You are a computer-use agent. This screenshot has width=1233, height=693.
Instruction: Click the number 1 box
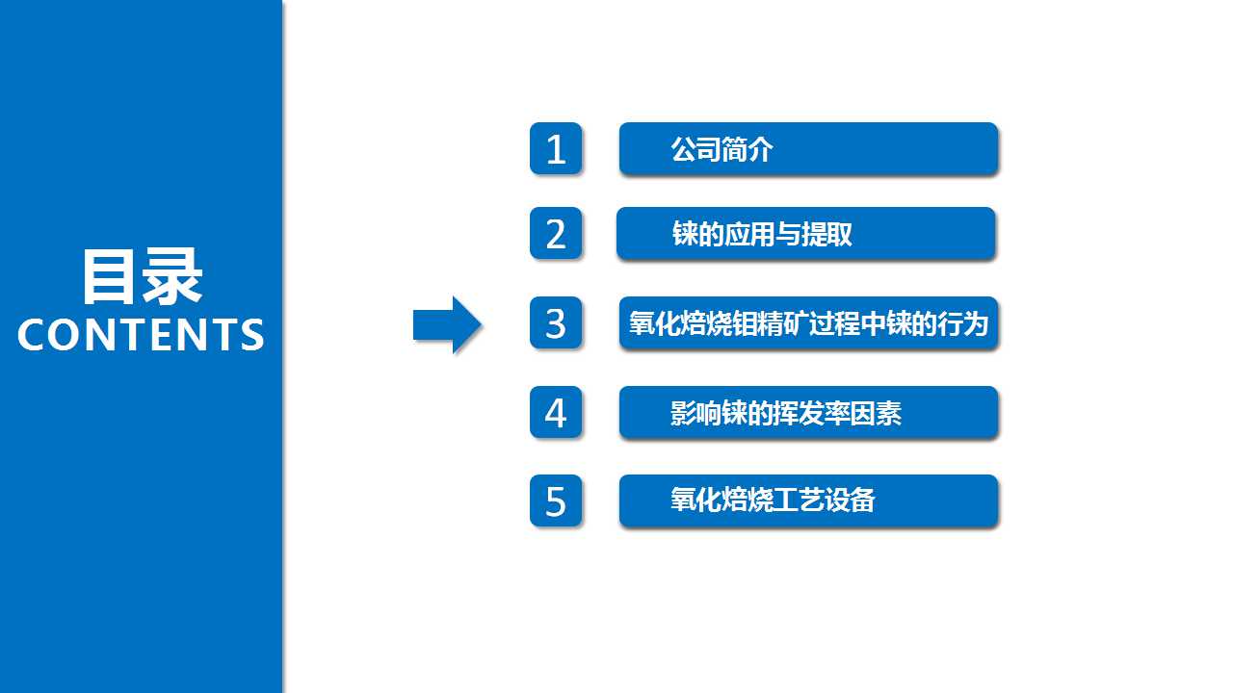pos(556,148)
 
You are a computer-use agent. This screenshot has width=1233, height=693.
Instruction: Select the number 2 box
pos(556,233)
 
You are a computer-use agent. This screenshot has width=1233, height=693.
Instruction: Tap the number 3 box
pos(556,322)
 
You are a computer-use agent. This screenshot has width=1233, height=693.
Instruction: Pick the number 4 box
pos(556,413)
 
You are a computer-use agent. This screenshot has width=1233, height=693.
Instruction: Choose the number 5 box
pos(556,501)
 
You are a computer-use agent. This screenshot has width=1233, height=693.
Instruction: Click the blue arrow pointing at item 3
pos(447,325)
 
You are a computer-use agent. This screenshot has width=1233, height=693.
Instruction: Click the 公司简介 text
pos(722,149)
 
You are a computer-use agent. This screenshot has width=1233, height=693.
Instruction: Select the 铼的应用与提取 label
pos(762,234)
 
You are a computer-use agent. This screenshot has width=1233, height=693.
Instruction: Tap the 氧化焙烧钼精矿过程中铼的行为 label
pos(808,323)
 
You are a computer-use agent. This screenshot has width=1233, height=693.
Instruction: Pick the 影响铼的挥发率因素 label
pos(786,413)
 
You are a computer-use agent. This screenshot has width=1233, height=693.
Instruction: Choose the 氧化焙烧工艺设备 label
pos(773,500)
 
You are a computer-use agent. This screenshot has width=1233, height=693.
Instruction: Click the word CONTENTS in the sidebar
pos(141,334)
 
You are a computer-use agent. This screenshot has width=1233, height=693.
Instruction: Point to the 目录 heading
pos(143,276)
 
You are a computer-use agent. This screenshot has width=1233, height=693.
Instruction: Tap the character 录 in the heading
pos(171,276)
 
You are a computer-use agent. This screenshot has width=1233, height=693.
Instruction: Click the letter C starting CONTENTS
pos(33,334)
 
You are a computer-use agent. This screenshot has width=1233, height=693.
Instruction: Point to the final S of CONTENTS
pos(252,334)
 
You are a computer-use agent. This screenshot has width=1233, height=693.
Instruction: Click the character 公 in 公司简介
pos(684,149)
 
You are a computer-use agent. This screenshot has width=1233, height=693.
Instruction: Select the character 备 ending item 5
pos(863,500)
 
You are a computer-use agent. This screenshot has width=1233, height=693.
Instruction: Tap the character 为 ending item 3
pos(976,323)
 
